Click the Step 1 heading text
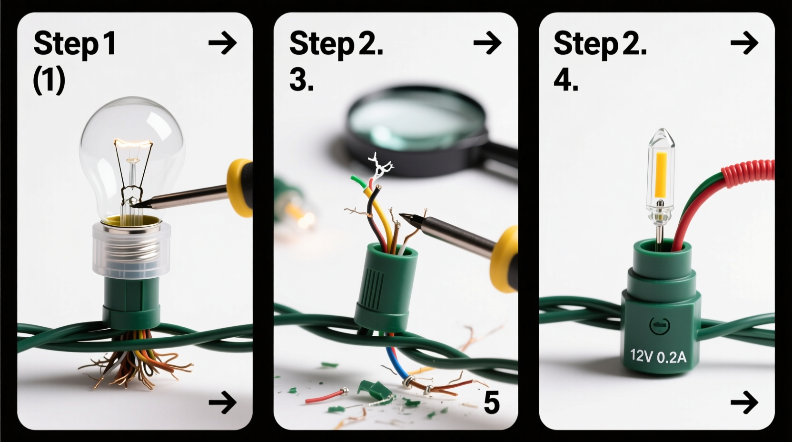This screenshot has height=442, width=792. click(75, 44)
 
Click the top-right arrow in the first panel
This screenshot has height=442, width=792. click(222, 43)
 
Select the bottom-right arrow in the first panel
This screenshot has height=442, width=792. click(222, 402)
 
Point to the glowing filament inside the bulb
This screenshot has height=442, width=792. click(133, 143)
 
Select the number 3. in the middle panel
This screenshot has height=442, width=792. click(301, 80)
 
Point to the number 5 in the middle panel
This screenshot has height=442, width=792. click(491, 402)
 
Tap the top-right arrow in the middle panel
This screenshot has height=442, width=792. click(487, 43)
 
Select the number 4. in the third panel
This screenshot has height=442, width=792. click(566, 80)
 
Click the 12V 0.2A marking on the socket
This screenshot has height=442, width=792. click(658, 356)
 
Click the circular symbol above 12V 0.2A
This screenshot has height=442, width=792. click(659, 326)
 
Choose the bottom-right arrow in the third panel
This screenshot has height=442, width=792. click(743, 402)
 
